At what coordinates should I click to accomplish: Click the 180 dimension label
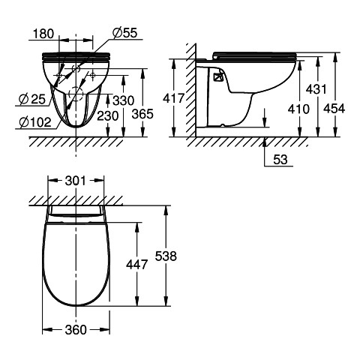point(43,34)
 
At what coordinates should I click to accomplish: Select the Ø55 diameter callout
point(124,33)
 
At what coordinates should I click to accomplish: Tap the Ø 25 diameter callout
point(32,100)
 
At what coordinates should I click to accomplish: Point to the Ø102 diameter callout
point(35,122)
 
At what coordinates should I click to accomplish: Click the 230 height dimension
point(107,116)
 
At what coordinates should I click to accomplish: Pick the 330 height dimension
point(124,100)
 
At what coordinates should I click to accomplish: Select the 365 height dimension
point(142,114)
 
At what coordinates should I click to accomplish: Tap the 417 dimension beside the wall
point(173,98)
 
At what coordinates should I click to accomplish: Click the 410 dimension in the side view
point(298,109)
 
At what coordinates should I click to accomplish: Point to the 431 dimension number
point(316,89)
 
